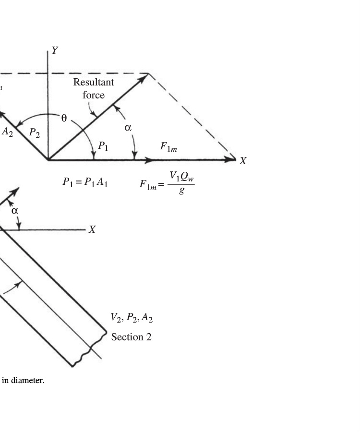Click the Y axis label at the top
pyautogui.click(x=55, y=50)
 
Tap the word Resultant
pyautogui.click(x=94, y=82)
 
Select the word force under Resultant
pyautogui.click(x=94, y=95)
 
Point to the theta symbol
pyautogui.click(x=64, y=118)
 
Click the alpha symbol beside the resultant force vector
pyautogui.click(x=128, y=128)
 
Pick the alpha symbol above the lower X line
pyautogui.click(x=15, y=211)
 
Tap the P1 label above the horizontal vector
pyautogui.click(x=103, y=146)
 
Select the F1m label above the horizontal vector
pyautogui.click(x=168, y=147)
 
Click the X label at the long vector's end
pyautogui.click(x=243, y=161)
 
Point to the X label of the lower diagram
pyautogui.click(x=92, y=229)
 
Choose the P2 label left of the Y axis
pyautogui.click(x=35, y=133)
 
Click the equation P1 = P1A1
pyautogui.click(x=85, y=182)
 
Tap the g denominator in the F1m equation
pyautogui.click(x=181, y=191)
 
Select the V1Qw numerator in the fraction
pyautogui.click(x=181, y=176)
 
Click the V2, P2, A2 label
pyautogui.click(x=132, y=318)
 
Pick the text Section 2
pyautogui.click(x=132, y=337)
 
